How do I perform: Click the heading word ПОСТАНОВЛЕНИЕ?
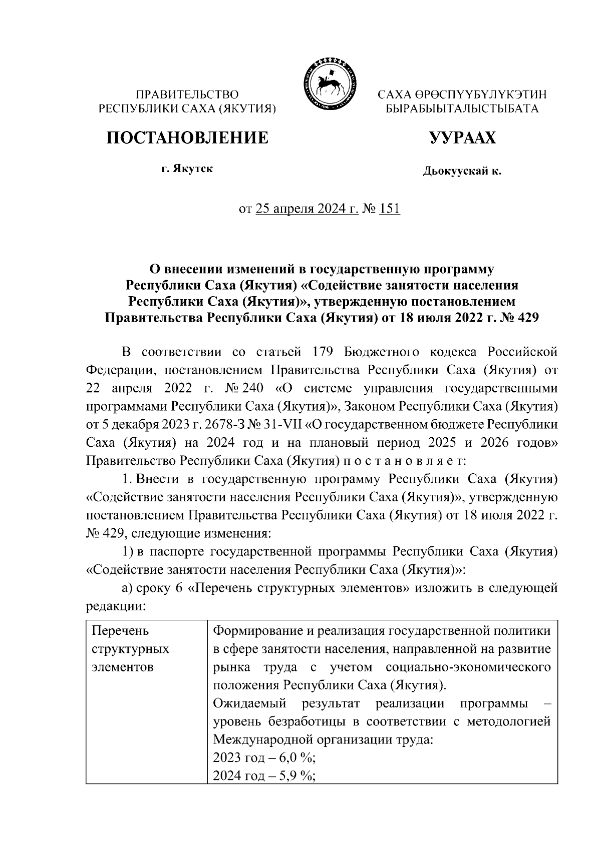coord(187,138)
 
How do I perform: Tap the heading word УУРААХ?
coord(462,138)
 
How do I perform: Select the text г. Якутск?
coord(187,169)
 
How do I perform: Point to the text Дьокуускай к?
coord(462,172)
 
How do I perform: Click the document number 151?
coord(390,209)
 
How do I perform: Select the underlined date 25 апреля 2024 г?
coord(307,209)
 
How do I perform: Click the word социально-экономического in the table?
coord(469,667)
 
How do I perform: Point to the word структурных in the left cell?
coord(131,649)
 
